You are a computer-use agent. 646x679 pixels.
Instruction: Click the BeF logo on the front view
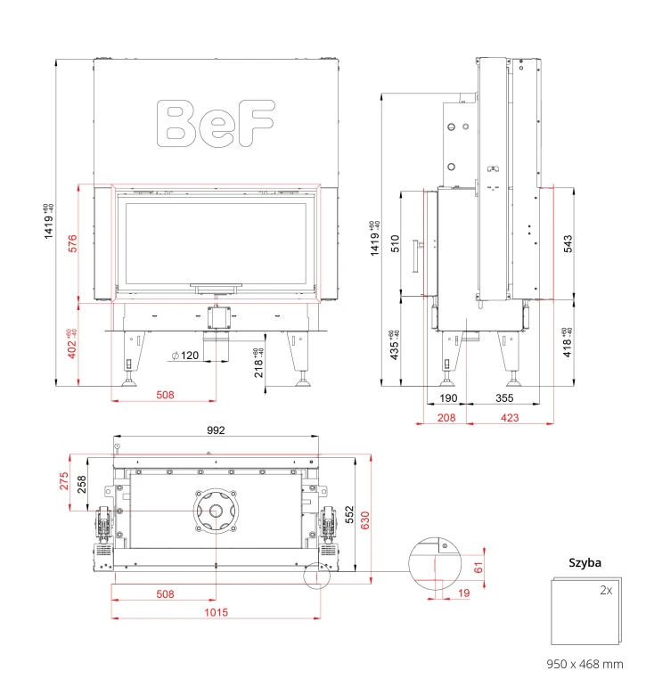216,124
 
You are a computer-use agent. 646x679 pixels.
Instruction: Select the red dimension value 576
72,243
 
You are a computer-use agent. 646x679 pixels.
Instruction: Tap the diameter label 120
185,356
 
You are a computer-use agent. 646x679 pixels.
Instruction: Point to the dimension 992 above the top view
216,430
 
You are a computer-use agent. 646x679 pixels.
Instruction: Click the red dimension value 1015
216,612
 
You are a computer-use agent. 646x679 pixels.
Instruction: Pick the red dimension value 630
365,520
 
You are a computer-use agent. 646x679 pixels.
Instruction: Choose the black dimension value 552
349,515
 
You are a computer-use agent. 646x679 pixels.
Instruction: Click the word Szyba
585,563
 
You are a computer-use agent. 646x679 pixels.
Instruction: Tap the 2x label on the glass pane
606,590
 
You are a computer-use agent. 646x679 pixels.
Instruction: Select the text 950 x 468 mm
585,664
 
